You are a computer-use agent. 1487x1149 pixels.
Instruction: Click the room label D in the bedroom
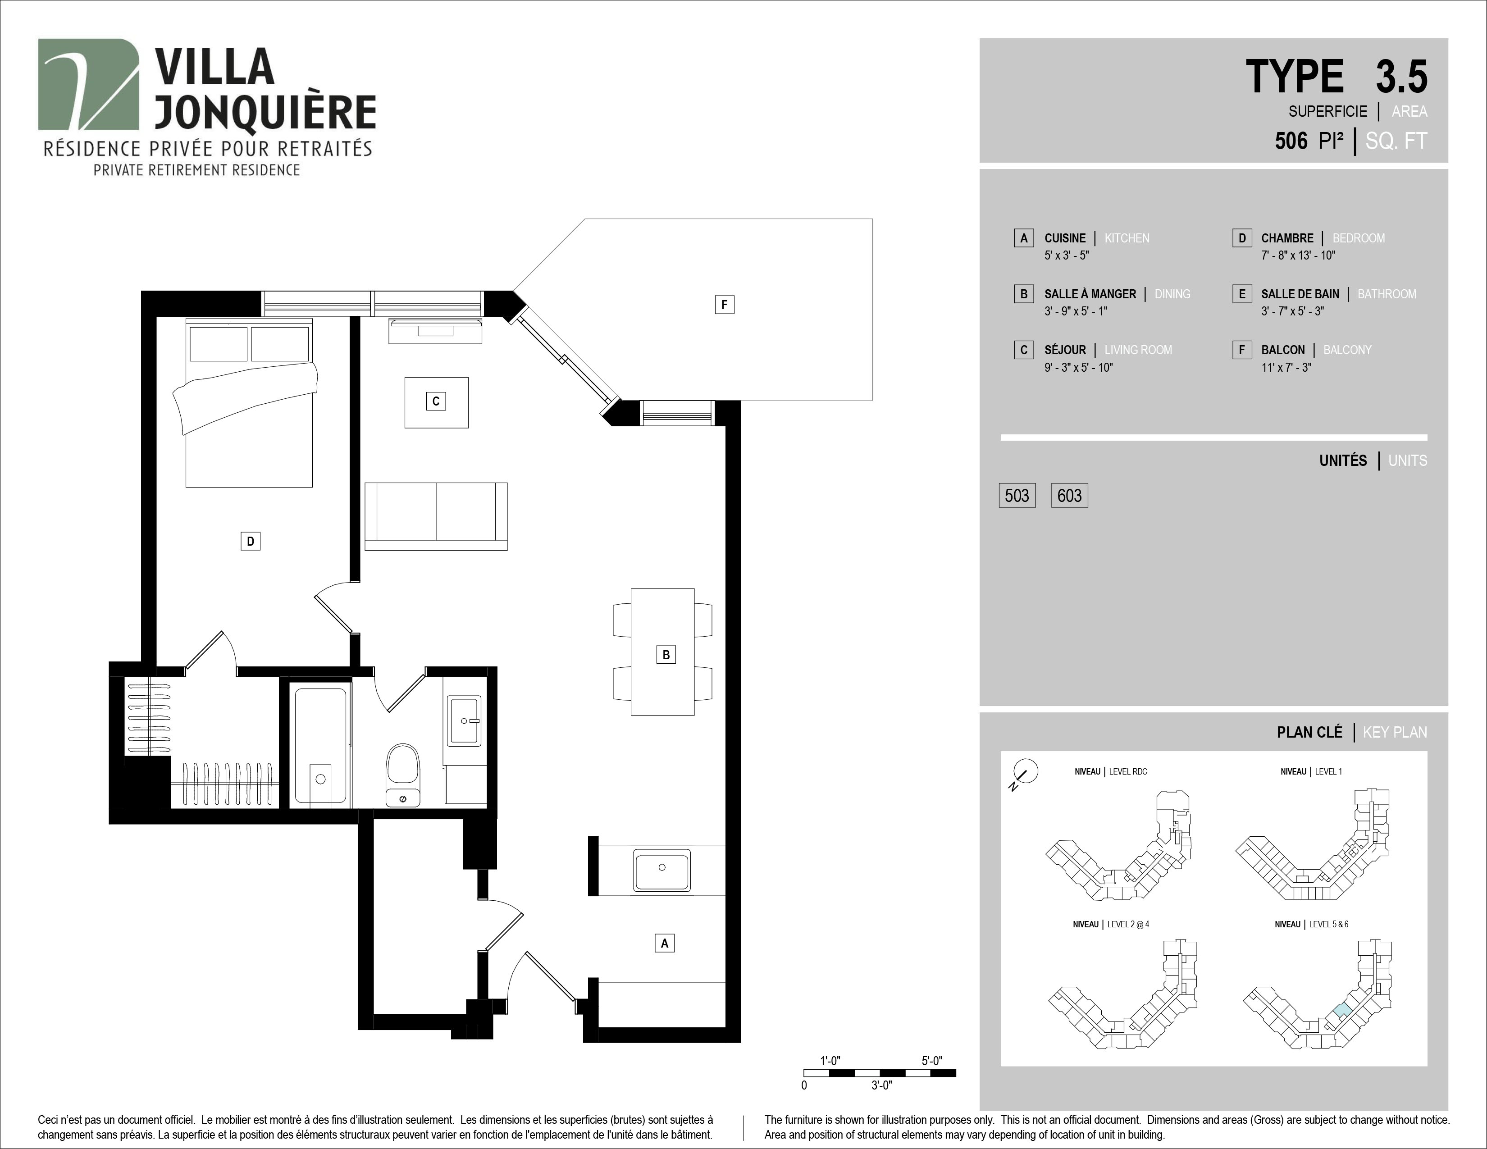[x=251, y=541]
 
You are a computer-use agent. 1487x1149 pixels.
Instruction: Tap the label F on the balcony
[x=725, y=304]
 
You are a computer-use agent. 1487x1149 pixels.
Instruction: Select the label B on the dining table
[x=666, y=655]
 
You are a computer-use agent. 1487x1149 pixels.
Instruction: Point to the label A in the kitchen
[x=665, y=943]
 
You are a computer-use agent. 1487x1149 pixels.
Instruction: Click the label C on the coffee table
[x=436, y=401]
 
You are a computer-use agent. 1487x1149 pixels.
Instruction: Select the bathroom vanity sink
[x=464, y=720]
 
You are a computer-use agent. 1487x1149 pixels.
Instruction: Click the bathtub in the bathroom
[x=320, y=746]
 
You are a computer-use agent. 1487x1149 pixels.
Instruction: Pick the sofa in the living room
[x=436, y=516]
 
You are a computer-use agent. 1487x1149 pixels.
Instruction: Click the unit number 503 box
[x=1017, y=496]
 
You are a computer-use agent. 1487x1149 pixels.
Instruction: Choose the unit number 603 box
[x=1070, y=496]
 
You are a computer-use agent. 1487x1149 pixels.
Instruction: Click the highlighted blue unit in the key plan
[x=1342, y=1011]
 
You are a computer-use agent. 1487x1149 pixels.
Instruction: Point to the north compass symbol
[x=1025, y=773]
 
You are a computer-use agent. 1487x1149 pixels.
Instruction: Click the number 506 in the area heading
[x=1291, y=141]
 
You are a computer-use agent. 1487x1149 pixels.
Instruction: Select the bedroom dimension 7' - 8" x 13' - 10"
[x=1298, y=255]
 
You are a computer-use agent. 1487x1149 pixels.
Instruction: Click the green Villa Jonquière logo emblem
[x=88, y=84]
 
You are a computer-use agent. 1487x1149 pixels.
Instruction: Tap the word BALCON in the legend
[x=1283, y=350]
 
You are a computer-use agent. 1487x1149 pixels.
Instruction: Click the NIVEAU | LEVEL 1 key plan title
[x=1311, y=771]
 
